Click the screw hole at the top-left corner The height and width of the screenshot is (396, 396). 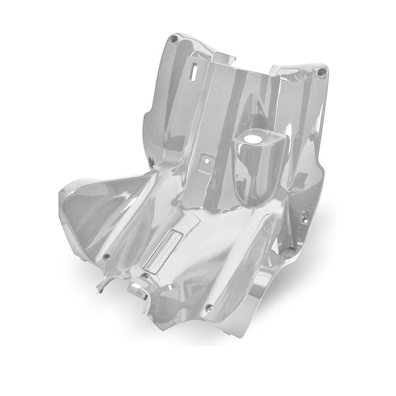click(173, 41)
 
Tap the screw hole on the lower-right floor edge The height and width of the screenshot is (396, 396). click(210, 308)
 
